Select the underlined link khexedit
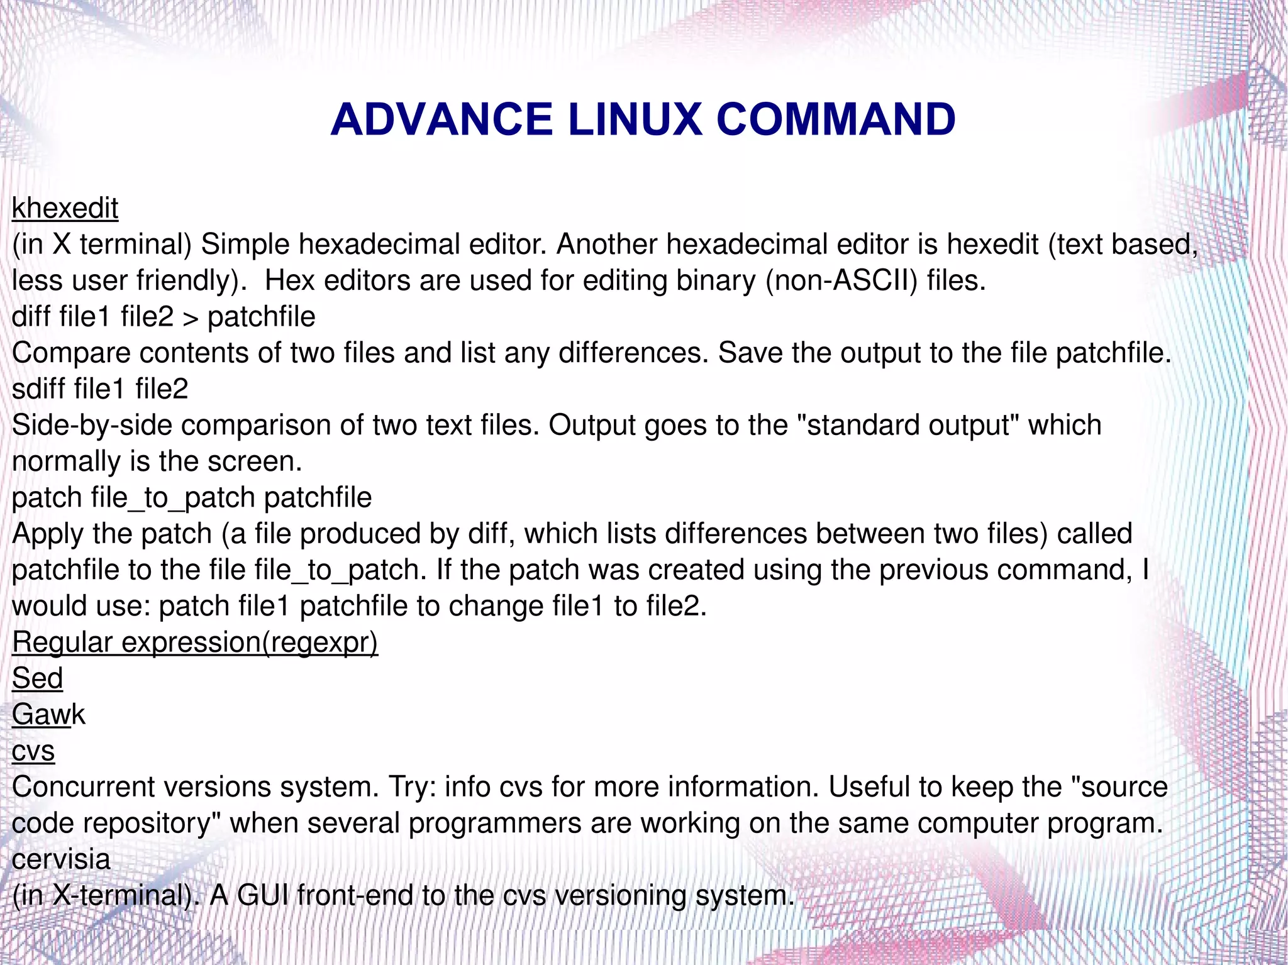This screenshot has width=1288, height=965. [x=65, y=208]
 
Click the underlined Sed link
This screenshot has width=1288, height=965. [x=38, y=678]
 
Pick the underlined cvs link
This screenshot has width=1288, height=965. [x=33, y=751]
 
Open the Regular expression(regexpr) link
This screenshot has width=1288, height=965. [x=195, y=642]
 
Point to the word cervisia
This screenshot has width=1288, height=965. [x=61, y=859]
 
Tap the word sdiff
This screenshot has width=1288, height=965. [x=38, y=389]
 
